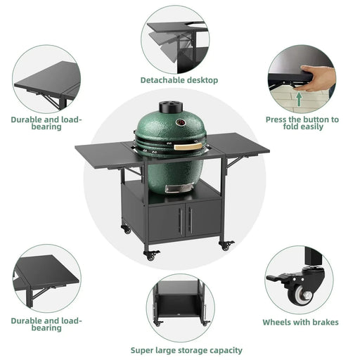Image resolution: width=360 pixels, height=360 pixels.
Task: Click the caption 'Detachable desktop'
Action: click(x=179, y=80)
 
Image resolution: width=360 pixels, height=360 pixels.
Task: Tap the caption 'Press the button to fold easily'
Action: click(x=302, y=124)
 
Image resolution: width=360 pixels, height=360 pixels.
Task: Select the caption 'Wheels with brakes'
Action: click(x=300, y=322)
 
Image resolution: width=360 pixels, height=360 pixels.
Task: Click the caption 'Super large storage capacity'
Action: click(x=186, y=349)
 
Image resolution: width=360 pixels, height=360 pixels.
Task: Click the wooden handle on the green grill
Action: click(x=189, y=146)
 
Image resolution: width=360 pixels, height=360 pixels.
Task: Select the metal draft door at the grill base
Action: click(x=175, y=188)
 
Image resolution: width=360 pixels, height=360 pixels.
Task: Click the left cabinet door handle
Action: click(x=179, y=220)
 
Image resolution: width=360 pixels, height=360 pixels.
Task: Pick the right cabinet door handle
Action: click(x=190, y=220)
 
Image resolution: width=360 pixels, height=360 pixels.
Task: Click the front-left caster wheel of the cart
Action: click(x=150, y=255)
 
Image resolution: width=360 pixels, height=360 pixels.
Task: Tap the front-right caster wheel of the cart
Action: click(x=226, y=245)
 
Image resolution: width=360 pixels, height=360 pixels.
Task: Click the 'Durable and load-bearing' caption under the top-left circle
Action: click(x=46, y=124)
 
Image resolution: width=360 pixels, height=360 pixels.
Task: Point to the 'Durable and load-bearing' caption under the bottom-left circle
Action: click(x=46, y=324)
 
